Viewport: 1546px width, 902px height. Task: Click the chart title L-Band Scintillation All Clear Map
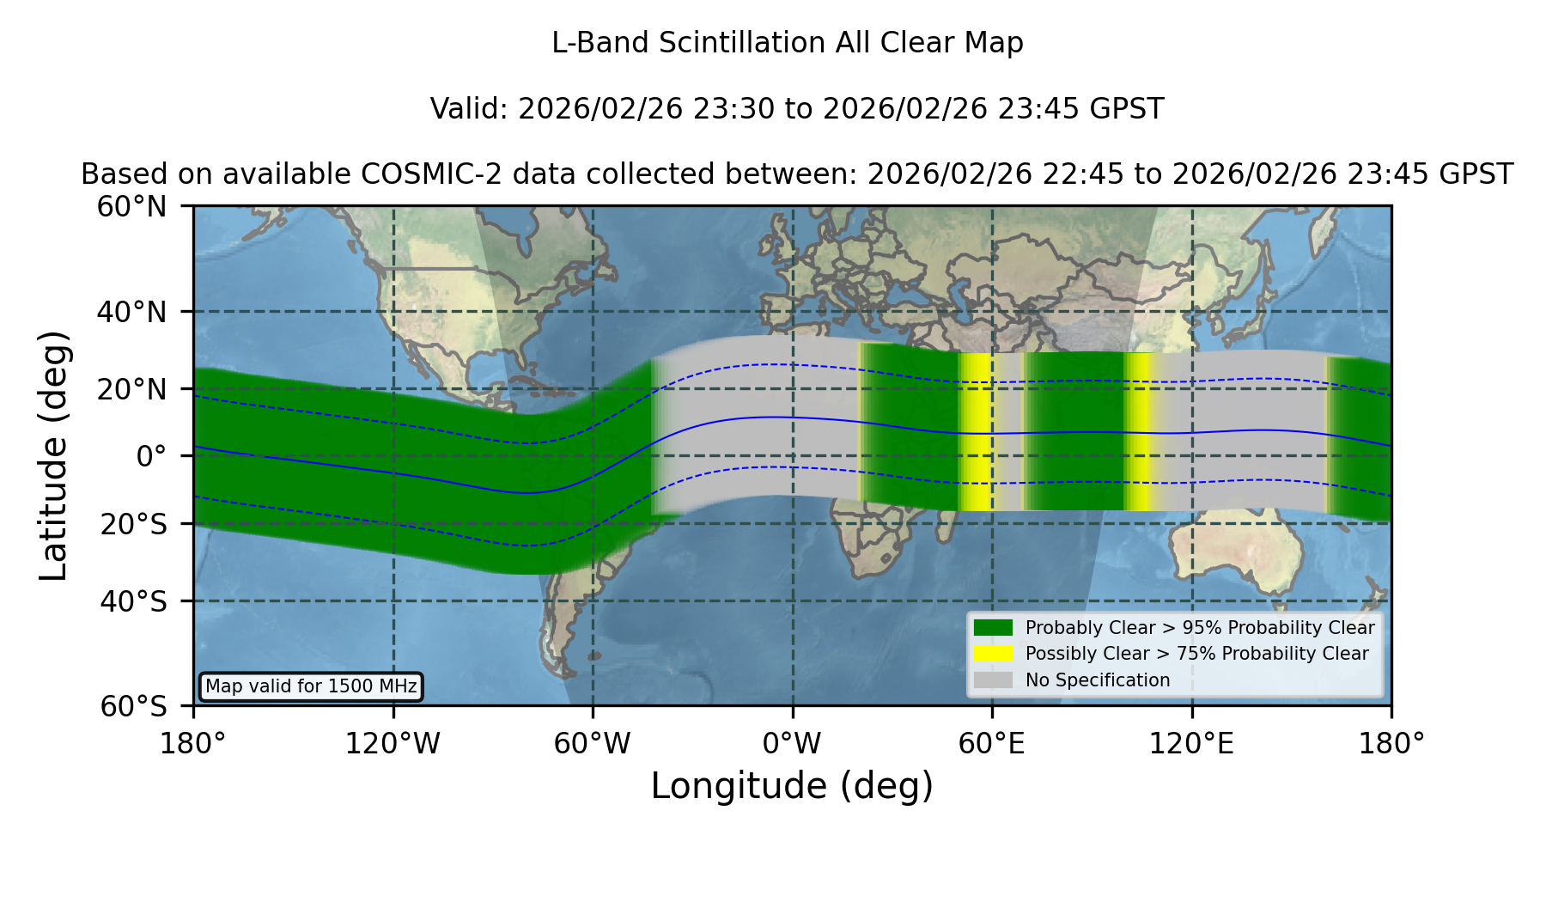click(787, 43)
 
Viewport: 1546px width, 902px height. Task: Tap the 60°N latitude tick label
click(132, 206)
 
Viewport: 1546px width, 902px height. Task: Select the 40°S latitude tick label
click(134, 601)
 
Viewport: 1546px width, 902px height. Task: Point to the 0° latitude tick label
click(151, 455)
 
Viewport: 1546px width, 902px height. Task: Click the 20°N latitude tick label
click(132, 389)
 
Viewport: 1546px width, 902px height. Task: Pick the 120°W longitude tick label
click(393, 743)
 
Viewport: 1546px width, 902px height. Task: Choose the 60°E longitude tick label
click(992, 743)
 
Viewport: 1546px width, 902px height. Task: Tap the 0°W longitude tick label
click(792, 743)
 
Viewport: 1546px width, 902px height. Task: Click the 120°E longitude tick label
click(1191, 743)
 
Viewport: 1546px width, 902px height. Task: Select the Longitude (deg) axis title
click(792, 786)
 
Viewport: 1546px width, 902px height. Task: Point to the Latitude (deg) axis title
click(54, 455)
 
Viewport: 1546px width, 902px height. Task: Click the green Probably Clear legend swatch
click(993, 628)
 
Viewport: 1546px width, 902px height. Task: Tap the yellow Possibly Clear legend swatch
click(993, 654)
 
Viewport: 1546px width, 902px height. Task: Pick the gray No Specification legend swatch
click(993, 680)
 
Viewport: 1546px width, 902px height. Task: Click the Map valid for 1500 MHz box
click(311, 686)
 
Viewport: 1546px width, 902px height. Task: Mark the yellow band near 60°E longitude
click(977, 432)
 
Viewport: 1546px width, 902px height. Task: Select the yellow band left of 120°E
click(1138, 432)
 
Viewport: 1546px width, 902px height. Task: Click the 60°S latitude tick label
click(134, 706)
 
